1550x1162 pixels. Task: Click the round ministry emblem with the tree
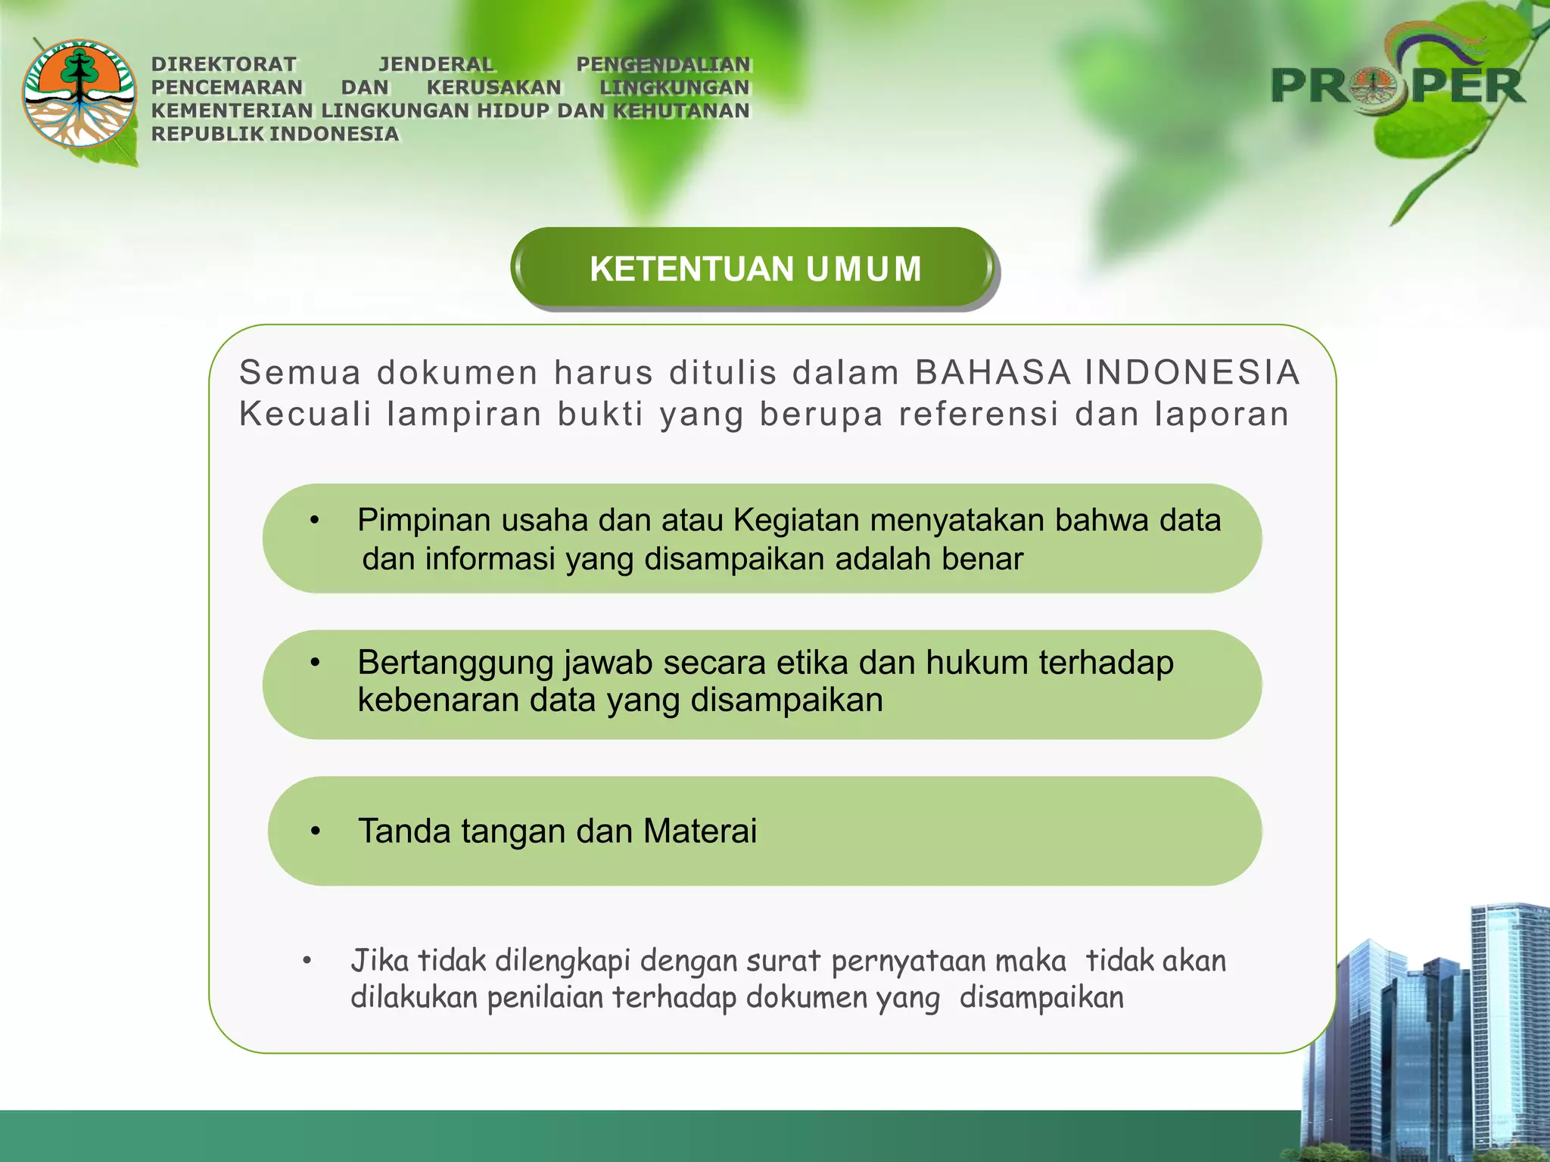[x=79, y=94]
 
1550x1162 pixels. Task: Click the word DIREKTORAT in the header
[x=224, y=64]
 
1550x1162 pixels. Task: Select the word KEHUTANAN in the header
[x=681, y=110]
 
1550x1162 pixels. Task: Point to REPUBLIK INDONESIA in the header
[x=275, y=134]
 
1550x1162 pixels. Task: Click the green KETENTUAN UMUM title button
[x=754, y=269]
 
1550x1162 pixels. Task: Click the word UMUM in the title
[x=864, y=269]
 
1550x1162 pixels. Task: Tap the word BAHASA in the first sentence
[x=993, y=372]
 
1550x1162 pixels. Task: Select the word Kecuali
[x=305, y=415]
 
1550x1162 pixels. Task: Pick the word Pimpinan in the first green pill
[x=424, y=520]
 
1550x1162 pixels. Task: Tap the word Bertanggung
[x=456, y=663]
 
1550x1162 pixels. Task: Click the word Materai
[x=700, y=831]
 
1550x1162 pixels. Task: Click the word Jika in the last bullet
[x=380, y=961]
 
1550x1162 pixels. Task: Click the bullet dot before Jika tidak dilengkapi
[x=307, y=962]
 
